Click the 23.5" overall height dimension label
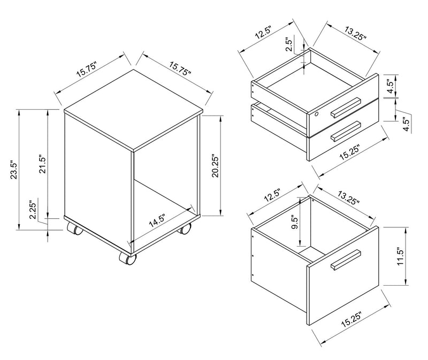(14, 169)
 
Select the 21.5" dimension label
(43, 165)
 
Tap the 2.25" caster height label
(33, 210)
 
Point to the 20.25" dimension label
(216, 167)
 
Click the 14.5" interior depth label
(157, 221)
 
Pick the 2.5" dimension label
(289, 45)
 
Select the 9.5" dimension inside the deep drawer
(295, 223)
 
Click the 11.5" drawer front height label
(400, 257)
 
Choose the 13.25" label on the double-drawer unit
(355, 33)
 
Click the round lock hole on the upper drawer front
(316, 114)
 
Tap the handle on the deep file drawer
(346, 259)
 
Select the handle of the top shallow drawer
(346, 108)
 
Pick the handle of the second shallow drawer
(346, 131)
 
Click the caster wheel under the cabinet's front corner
(127, 258)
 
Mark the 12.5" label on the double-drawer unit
(263, 33)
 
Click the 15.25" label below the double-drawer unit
(349, 153)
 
